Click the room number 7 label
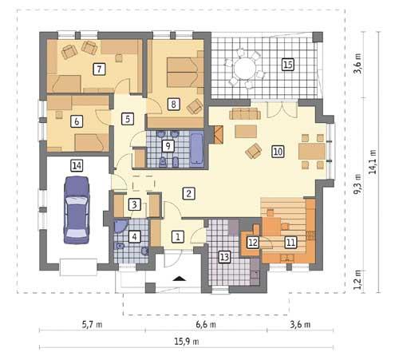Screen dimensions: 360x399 tap(99, 69)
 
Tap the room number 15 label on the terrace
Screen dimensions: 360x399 tap(288, 65)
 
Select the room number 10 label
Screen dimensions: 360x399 tap(277, 149)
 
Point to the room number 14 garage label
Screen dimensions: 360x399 tap(76, 166)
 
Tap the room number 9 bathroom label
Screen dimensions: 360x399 tap(167, 145)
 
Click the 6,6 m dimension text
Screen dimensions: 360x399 tap(206, 324)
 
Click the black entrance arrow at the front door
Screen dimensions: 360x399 tap(180, 279)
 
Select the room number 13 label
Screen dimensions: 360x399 tap(224, 256)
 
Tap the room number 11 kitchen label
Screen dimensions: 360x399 tap(290, 242)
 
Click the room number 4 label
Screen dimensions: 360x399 tap(135, 235)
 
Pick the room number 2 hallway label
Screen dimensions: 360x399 tap(188, 192)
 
